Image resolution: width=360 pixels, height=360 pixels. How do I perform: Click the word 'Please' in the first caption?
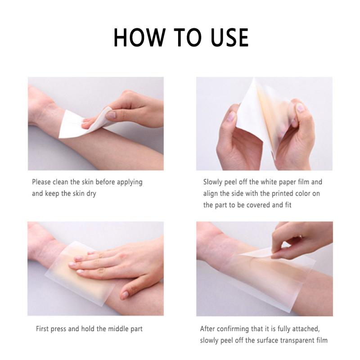click(42, 182)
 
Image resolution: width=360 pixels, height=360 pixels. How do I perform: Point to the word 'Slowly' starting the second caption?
click(213, 182)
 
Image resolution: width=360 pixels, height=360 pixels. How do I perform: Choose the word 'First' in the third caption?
click(44, 329)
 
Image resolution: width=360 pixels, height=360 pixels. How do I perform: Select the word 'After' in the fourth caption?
click(209, 329)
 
